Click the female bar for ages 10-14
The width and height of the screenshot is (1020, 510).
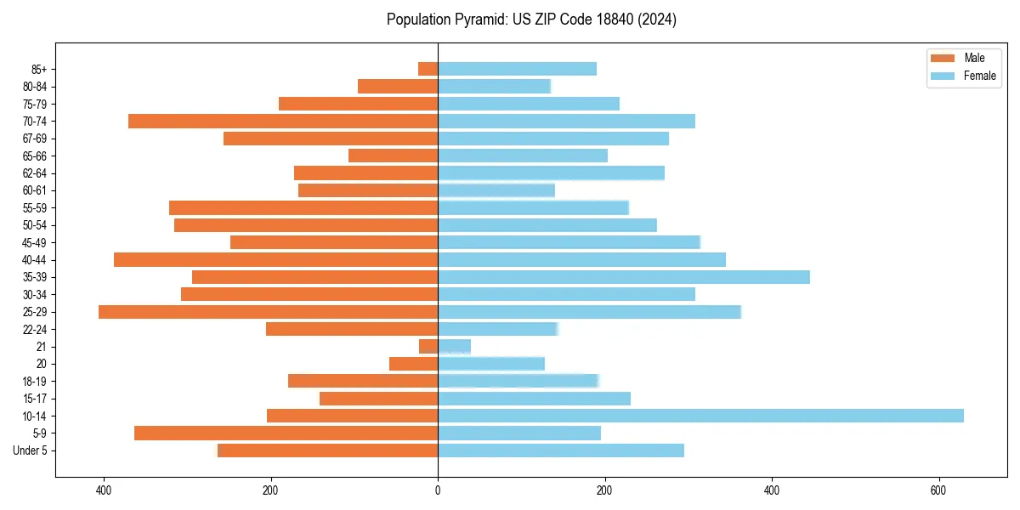point(700,416)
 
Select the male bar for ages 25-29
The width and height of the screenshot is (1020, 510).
point(268,312)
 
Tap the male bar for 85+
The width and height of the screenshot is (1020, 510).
point(428,69)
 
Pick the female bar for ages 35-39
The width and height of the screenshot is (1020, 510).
point(623,277)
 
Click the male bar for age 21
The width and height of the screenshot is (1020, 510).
point(428,347)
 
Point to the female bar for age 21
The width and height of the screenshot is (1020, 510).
point(454,347)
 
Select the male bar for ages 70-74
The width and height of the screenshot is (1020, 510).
point(283,121)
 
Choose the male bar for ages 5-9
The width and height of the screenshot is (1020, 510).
point(286,433)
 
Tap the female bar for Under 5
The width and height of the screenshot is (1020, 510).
point(560,450)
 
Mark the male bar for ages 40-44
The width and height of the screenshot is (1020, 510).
point(275,259)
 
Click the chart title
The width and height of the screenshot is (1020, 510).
point(531,20)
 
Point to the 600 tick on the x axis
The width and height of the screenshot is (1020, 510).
point(938,491)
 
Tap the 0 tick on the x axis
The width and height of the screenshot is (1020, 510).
point(438,491)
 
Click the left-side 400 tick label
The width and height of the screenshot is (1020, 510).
point(104,491)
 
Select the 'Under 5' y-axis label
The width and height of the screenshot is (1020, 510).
point(30,450)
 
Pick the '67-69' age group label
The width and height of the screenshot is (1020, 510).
point(35,139)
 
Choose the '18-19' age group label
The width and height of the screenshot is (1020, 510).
point(35,381)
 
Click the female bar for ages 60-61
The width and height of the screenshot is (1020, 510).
point(496,190)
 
